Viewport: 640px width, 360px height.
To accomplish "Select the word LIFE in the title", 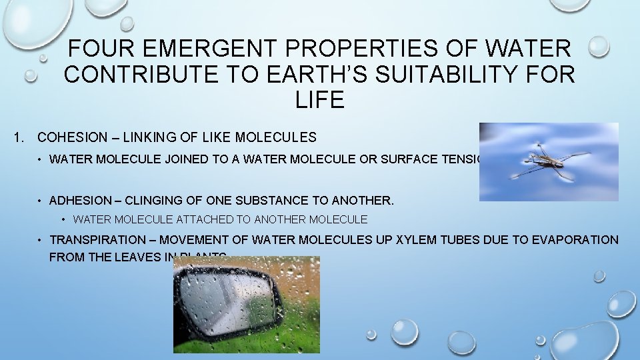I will [319, 100].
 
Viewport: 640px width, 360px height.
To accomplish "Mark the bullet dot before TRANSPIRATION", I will [41, 240].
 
